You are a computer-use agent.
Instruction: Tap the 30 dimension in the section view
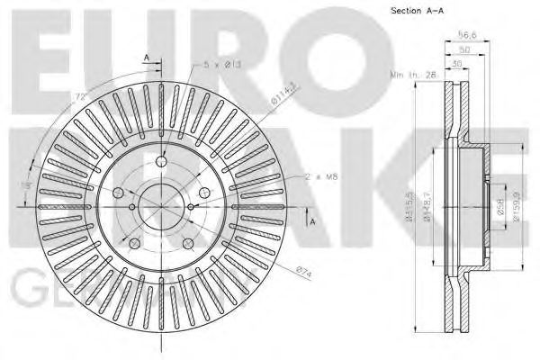click(x=459, y=63)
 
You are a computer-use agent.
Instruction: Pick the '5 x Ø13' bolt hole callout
click(x=218, y=63)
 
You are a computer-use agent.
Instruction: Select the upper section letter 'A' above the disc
click(x=146, y=58)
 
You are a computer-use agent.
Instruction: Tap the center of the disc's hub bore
click(x=162, y=208)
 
